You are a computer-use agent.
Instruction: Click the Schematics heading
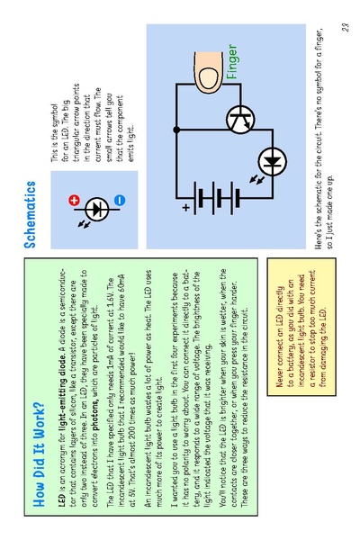point(30,214)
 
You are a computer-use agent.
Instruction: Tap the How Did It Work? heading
point(39,454)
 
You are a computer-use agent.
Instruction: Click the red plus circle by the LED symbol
point(74,200)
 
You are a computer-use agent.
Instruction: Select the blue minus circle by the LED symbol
point(120,200)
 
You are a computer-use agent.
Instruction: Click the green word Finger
point(232,62)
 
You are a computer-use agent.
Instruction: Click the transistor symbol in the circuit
point(240,120)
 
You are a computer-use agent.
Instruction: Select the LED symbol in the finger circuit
point(272,161)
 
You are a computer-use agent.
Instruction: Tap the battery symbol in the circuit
point(216,198)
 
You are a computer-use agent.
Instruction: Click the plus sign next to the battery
point(186,208)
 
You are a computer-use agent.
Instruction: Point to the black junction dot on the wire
point(176,130)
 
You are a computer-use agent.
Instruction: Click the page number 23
point(346,28)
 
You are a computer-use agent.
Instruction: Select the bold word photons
point(95,417)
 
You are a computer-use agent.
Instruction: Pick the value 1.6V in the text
point(110,294)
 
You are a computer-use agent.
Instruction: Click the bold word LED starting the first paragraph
point(62,500)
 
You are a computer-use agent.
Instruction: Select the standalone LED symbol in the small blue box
point(97,210)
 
